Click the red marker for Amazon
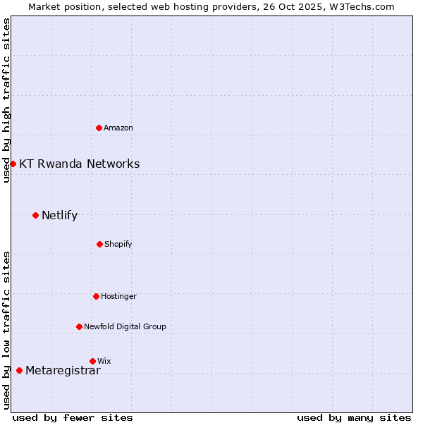99,128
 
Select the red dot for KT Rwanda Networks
13,164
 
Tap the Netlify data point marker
35,215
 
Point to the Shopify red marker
99,244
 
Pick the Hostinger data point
96,296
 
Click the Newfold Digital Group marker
79,326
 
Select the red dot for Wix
92,361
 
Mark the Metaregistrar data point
19,370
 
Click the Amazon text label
118,128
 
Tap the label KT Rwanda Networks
79,164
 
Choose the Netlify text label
59,215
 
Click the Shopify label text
118,244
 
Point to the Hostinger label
118,296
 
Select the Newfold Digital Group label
125,326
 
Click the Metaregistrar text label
63,371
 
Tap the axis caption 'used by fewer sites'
73,417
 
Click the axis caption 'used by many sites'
354,417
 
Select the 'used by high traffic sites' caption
6,100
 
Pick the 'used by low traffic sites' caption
6,330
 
